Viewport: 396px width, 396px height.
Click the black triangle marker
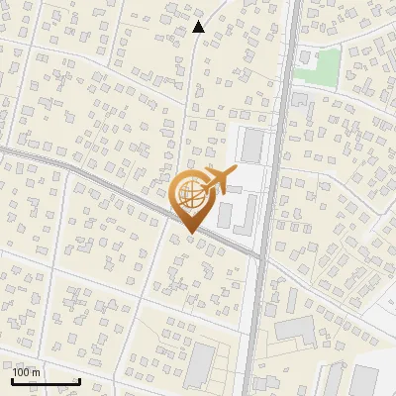coord(199,27)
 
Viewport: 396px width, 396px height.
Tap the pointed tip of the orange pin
coord(190,234)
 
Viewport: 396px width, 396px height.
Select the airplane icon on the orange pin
coord(218,181)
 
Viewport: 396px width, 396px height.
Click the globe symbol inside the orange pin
coord(190,196)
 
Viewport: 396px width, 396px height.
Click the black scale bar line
coord(46,381)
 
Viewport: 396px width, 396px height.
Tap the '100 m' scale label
coord(27,372)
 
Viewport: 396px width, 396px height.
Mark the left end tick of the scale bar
coord(12,379)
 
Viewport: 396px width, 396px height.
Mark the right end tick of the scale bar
coord(79,379)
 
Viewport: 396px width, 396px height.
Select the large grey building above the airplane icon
coord(252,146)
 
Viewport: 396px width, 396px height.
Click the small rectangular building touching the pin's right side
coord(224,214)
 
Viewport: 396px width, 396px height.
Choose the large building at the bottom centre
coord(201,364)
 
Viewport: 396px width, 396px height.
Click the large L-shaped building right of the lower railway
coord(297,331)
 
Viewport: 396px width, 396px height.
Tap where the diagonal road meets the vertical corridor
coord(261,257)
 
